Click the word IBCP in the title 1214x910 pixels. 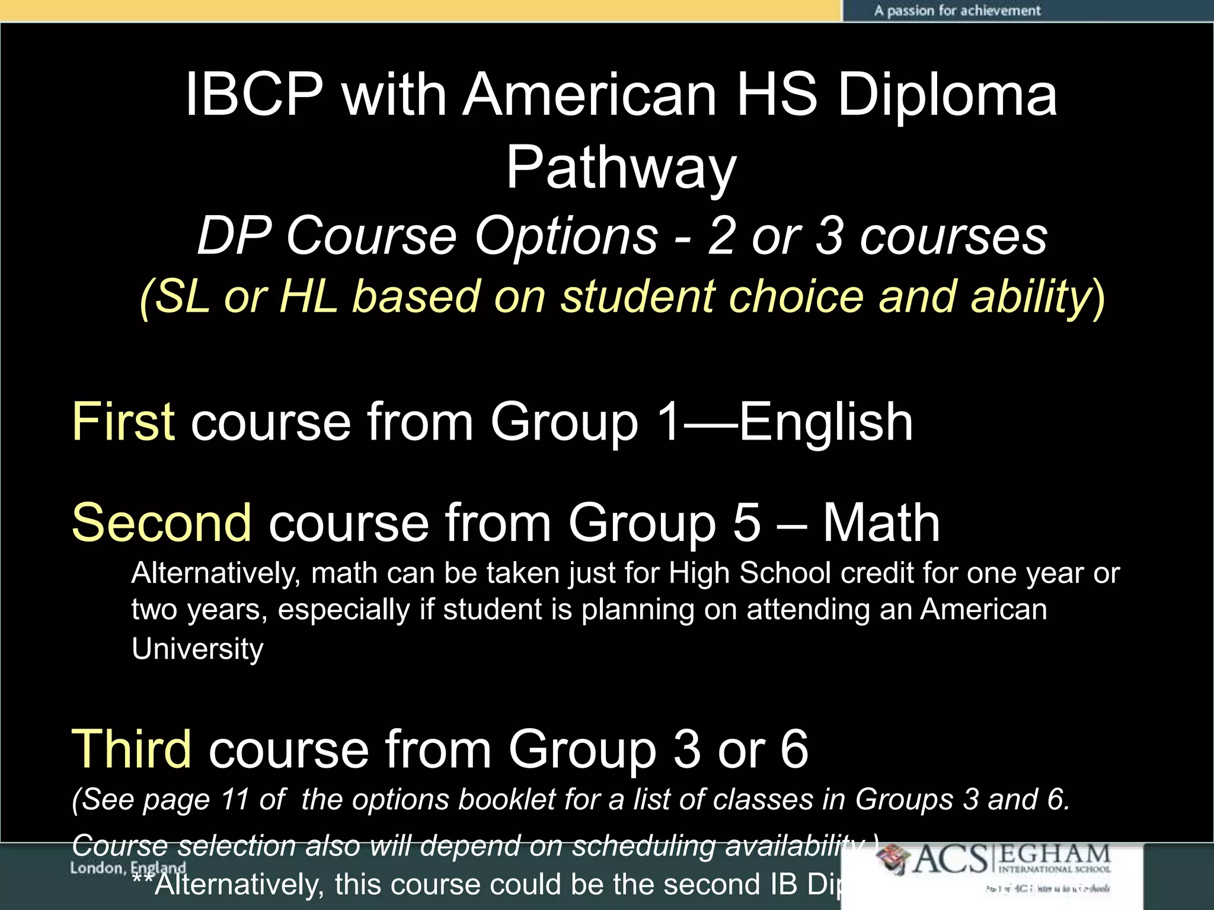click(254, 95)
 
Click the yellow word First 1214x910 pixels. click(123, 421)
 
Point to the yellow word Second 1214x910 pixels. click(161, 523)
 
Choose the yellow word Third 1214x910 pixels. click(131, 749)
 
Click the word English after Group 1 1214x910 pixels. click(826, 421)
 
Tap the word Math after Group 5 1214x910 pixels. click(881, 523)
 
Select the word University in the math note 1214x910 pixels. click(197, 649)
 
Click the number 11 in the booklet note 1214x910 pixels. click(235, 799)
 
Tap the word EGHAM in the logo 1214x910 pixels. click(1055, 855)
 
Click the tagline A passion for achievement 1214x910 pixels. click(957, 11)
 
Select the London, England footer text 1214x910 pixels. click(127, 869)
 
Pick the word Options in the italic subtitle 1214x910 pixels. click(566, 236)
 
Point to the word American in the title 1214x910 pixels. click(590, 95)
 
